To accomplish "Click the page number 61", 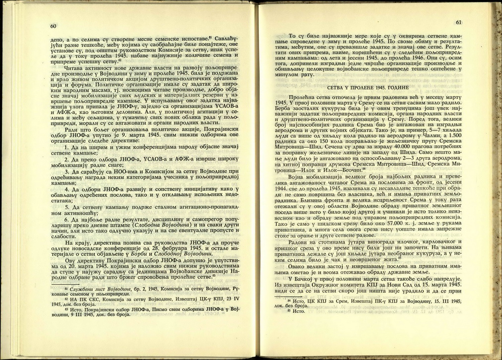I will (x=458, y=22).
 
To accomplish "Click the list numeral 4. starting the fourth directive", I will (x=67, y=189).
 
